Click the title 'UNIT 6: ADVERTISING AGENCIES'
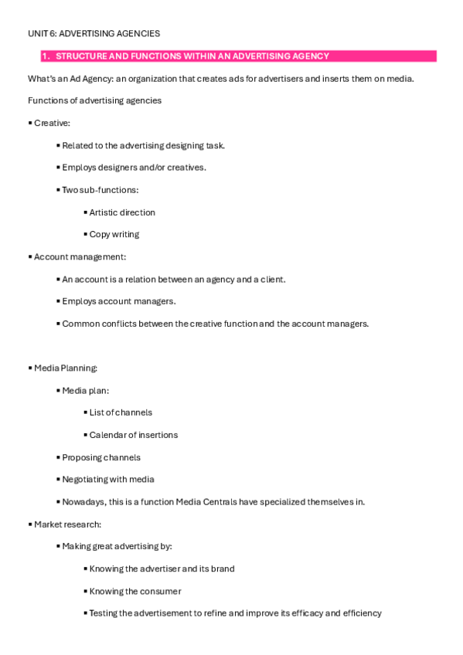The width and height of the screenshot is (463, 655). click(94, 33)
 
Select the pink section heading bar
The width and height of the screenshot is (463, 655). click(232, 56)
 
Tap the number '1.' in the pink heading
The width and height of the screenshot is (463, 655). click(46, 56)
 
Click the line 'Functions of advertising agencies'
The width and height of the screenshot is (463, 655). click(94, 100)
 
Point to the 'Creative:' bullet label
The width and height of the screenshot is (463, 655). click(51, 123)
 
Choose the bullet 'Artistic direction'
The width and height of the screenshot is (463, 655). click(121, 212)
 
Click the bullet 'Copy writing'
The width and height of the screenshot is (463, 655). click(114, 234)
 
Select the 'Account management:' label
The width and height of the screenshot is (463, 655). click(80, 256)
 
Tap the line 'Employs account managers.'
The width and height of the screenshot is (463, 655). click(118, 301)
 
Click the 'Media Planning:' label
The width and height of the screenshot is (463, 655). click(65, 368)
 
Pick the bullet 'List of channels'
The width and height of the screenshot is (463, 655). click(120, 412)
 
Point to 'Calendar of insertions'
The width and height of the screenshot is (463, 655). click(133, 435)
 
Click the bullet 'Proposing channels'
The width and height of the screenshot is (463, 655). click(100, 457)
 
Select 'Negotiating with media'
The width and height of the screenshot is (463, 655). click(107, 479)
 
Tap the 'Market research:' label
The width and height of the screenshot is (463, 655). click(67, 524)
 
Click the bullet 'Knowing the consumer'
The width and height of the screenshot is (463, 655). click(134, 591)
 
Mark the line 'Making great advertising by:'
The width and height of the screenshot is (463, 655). click(116, 546)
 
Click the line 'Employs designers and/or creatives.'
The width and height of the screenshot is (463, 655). click(134, 168)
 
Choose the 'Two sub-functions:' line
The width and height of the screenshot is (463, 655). click(100, 190)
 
